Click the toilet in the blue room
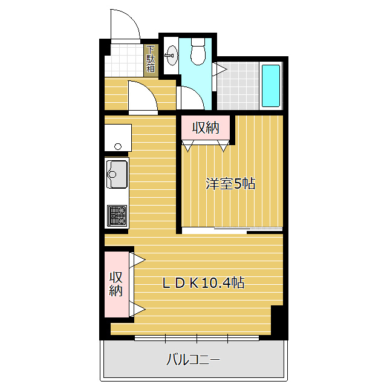(x=198, y=51)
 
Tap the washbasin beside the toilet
(x=171, y=55)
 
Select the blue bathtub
(x=271, y=86)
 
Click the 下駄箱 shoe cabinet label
(x=151, y=59)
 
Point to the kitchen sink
(x=117, y=174)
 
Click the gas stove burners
(x=117, y=216)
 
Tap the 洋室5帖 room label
(x=230, y=184)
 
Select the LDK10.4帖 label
(x=203, y=283)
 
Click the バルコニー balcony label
(x=193, y=360)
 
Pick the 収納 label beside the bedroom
(x=206, y=128)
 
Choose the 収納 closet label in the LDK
(x=116, y=284)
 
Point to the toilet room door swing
(x=195, y=94)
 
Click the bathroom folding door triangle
(x=220, y=70)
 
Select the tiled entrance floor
(x=125, y=60)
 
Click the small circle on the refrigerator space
(x=118, y=146)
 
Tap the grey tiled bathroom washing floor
(x=238, y=86)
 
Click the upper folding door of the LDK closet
(x=137, y=260)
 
